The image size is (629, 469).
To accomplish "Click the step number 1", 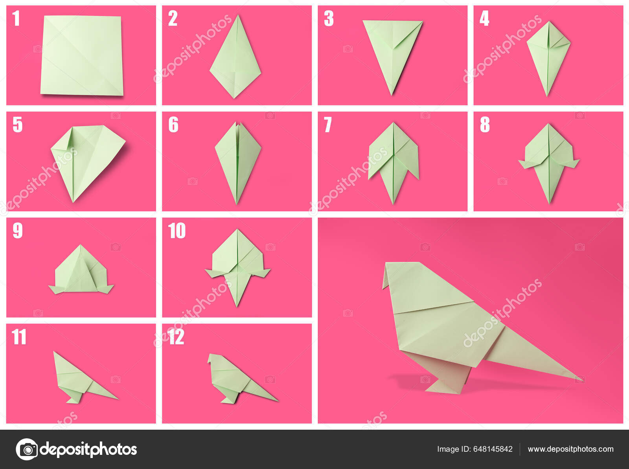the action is (16, 18).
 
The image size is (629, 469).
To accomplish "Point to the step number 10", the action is (177, 230).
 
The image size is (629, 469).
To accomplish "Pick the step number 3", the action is (329, 18).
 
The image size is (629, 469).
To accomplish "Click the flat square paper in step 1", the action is (82, 55).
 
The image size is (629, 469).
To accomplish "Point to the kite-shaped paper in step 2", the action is (235, 57).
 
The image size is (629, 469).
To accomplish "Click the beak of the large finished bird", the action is (386, 276).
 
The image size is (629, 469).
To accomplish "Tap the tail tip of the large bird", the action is (582, 380).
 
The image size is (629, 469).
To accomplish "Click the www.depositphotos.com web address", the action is (570, 449).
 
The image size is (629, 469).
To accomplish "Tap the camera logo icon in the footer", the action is (27, 449).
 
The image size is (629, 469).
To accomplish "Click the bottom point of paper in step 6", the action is (237, 204).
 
